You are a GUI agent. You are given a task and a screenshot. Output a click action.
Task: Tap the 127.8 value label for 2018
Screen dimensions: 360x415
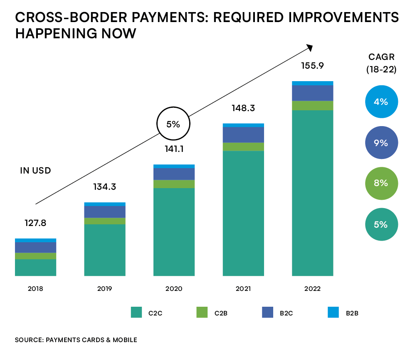click(x=35, y=223)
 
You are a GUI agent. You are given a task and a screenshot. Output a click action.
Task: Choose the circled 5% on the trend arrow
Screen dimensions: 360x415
click(x=173, y=124)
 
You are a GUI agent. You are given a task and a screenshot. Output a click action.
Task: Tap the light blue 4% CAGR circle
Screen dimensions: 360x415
click(x=381, y=102)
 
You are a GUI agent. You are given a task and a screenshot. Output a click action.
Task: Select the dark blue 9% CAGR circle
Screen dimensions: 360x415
click(x=381, y=143)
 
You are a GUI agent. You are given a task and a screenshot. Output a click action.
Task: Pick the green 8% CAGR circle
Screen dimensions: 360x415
click(x=381, y=183)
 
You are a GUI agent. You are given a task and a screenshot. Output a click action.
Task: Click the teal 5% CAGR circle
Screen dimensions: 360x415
click(x=381, y=224)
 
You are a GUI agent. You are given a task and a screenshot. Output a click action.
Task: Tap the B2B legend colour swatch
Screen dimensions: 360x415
click(x=333, y=312)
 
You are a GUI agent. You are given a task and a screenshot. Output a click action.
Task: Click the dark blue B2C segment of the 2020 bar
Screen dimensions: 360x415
click(x=174, y=174)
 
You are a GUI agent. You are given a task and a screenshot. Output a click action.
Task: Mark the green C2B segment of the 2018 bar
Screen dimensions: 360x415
click(x=35, y=256)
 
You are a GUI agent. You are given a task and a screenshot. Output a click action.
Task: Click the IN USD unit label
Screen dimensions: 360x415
click(x=35, y=171)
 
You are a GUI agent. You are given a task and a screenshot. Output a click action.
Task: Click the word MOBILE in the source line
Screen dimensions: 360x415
click(x=124, y=340)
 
